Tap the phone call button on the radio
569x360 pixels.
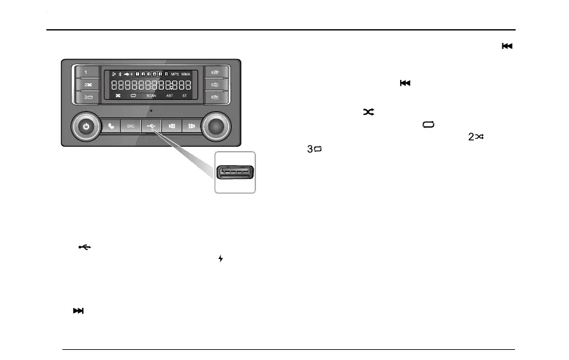coord(112,126)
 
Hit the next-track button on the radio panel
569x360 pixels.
coord(191,126)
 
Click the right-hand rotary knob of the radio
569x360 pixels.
coord(217,126)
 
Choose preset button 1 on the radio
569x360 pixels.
coord(86,72)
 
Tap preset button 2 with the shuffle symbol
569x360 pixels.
coord(86,84)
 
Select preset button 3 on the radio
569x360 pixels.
coord(86,97)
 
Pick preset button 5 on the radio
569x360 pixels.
coord(215,84)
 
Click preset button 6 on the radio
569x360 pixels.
coord(215,97)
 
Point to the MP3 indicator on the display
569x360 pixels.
coord(175,74)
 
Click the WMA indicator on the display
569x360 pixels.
coord(186,74)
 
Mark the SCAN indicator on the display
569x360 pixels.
coord(151,96)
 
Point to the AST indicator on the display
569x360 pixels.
coord(169,96)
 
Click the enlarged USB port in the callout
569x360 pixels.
coord(235,172)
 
